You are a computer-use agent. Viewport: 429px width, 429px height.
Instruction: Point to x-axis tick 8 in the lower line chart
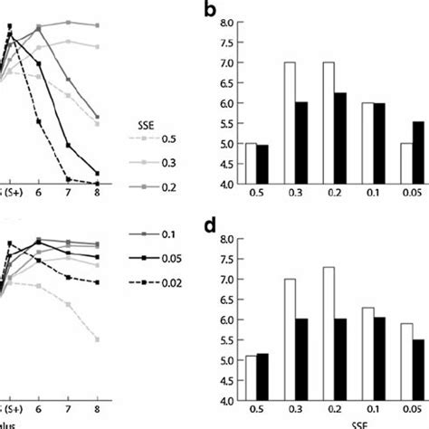pyautogui.click(x=96, y=408)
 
